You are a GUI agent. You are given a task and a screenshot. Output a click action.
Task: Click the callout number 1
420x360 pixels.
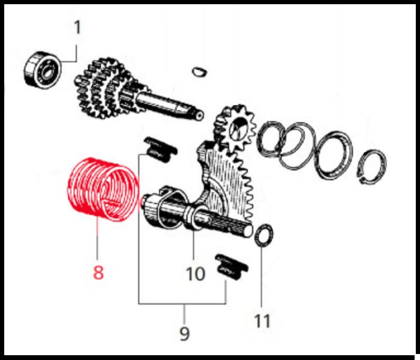point(77,28)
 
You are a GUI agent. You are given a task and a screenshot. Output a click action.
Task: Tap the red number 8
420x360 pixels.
point(98,272)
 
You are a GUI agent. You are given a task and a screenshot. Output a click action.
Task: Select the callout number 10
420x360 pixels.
point(196,274)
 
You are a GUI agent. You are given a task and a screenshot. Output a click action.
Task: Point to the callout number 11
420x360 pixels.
point(262,320)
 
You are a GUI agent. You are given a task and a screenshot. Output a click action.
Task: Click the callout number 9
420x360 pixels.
point(184,334)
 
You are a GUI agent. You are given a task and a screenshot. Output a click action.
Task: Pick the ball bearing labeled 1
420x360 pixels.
point(43,70)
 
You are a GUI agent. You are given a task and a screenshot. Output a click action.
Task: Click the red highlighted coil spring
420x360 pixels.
point(103,190)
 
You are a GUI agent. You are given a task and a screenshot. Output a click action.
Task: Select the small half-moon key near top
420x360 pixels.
point(200,71)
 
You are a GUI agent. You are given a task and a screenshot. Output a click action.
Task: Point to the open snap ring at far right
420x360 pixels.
point(371,167)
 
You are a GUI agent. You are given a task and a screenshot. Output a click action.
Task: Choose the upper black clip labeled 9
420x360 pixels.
point(160,149)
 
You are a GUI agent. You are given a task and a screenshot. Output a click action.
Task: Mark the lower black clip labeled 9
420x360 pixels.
point(232,268)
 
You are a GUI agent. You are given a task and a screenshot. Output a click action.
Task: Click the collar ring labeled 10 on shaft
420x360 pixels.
point(193,218)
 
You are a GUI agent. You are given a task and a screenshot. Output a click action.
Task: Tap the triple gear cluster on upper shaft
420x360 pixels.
point(103,88)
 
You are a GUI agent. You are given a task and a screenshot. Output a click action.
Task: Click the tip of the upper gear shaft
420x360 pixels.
point(200,115)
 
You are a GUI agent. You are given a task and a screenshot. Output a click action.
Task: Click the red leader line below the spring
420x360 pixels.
point(97,239)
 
